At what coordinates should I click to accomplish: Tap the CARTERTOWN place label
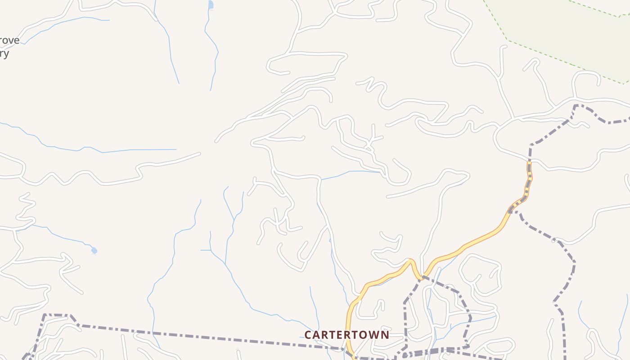point(346,335)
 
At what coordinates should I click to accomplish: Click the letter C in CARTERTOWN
point(308,335)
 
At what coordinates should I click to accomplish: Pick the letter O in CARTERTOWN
point(363,335)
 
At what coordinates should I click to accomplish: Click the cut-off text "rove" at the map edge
point(10,40)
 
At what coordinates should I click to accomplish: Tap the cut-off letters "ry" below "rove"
point(4,54)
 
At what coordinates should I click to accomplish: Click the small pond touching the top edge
point(211,4)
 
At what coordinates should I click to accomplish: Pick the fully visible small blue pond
point(94,250)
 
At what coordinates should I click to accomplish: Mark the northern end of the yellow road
point(529,165)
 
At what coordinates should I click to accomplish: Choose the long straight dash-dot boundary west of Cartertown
point(202,335)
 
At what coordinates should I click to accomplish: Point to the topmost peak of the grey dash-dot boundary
point(576,105)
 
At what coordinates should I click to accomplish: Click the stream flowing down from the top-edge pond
point(211,49)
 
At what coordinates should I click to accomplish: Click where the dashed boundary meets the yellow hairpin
point(422,277)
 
